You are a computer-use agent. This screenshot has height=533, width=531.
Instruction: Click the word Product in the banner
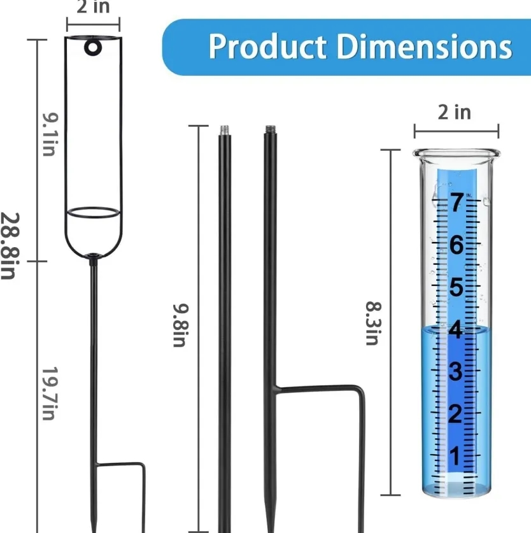(267, 46)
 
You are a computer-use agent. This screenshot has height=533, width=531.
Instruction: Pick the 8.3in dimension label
(372, 323)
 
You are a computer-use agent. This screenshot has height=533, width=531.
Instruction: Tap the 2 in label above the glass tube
(455, 112)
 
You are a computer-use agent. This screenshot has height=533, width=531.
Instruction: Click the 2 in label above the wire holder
(92, 8)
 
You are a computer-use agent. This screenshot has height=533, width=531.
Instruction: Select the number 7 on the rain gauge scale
(456, 203)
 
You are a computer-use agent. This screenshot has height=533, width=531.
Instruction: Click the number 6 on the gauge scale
(456, 245)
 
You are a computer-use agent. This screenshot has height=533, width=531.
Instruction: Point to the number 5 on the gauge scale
(456, 288)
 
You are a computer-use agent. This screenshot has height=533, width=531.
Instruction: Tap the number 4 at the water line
(456, 330)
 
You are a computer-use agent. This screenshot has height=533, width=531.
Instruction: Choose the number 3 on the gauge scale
(456, 372)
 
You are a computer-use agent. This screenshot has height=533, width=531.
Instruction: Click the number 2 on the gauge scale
(456, 415)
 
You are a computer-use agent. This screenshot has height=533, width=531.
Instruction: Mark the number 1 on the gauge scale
(456, 457)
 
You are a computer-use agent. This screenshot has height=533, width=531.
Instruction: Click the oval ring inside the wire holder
(93, 213)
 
